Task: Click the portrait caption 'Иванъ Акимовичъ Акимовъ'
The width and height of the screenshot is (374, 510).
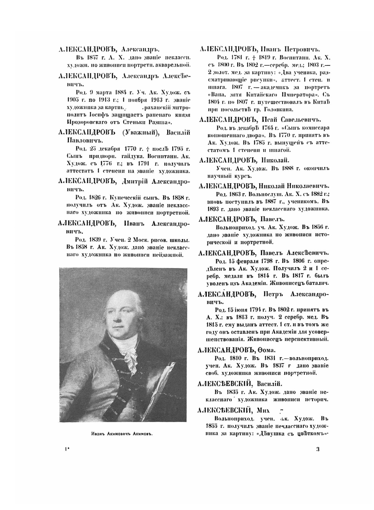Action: click(123, 434)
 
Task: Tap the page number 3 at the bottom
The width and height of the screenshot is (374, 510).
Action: click(318, 449)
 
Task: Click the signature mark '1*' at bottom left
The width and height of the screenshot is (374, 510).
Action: click(66, 449)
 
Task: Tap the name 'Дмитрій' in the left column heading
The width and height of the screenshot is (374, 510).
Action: click(137, 182)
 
